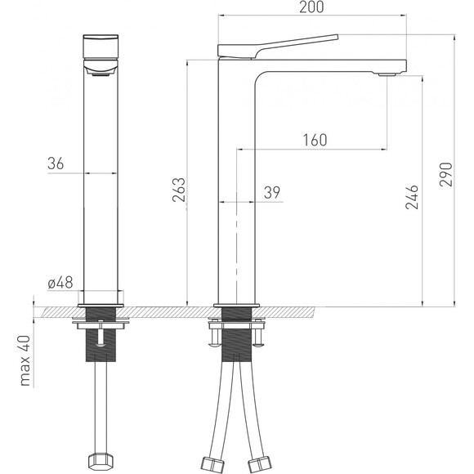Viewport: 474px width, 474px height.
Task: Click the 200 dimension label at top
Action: tap(311, 7)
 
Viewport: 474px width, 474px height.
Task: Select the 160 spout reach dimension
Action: tap(315, 140)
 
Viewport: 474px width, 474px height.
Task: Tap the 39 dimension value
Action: tap(272, 192)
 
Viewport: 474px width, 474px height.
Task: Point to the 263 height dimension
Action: tap(178, 190)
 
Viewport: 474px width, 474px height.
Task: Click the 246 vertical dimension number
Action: tap(412, 198)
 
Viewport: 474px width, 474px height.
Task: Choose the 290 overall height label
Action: tap(446, 174)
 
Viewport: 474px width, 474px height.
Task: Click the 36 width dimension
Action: tap(56, 163)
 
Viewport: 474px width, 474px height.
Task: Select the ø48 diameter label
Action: tap(60, 283)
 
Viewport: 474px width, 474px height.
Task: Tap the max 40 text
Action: tap(25, 360)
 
